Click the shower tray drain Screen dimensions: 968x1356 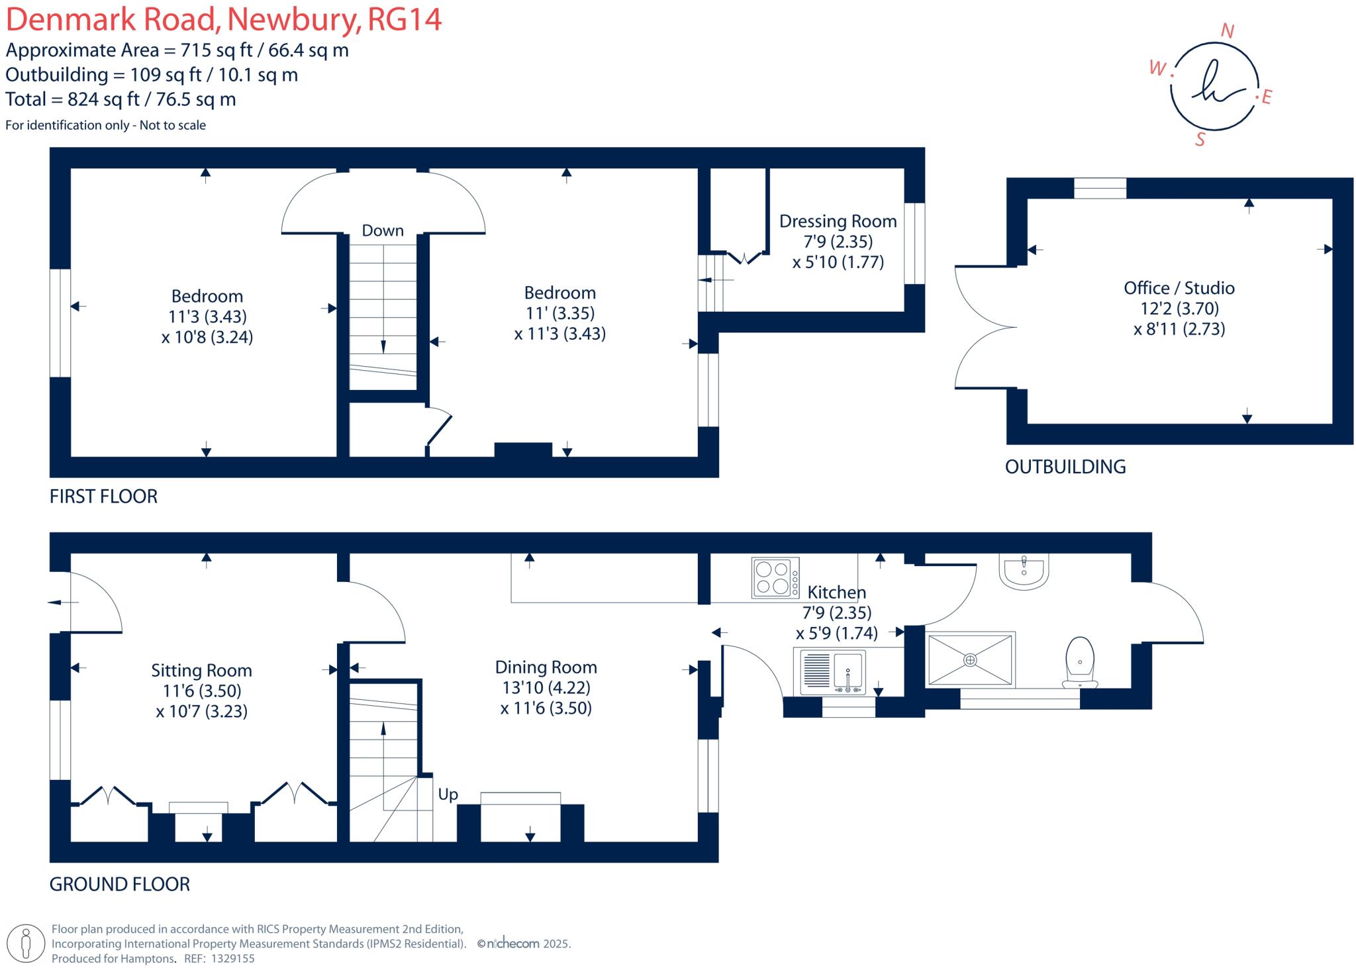(970, 659)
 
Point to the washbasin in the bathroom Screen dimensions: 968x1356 (1024, 571)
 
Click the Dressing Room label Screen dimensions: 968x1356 (838, 221)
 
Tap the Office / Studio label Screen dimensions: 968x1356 (1179, 288)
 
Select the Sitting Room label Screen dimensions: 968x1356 (201, 671)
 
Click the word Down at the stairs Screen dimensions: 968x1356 (383, 230)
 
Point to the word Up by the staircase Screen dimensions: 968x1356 (448, 794)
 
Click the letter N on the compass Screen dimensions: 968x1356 (1227, 31)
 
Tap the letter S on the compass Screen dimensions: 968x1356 (1200, 139)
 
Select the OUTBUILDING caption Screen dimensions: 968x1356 (1065, 467)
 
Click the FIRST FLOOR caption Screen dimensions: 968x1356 (103, 497)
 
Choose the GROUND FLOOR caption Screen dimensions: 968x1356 (119, 885)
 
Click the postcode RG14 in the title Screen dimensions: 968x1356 (404, 19)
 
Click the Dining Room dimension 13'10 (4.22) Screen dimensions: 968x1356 (546, 688)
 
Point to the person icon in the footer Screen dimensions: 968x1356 (26, 944)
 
